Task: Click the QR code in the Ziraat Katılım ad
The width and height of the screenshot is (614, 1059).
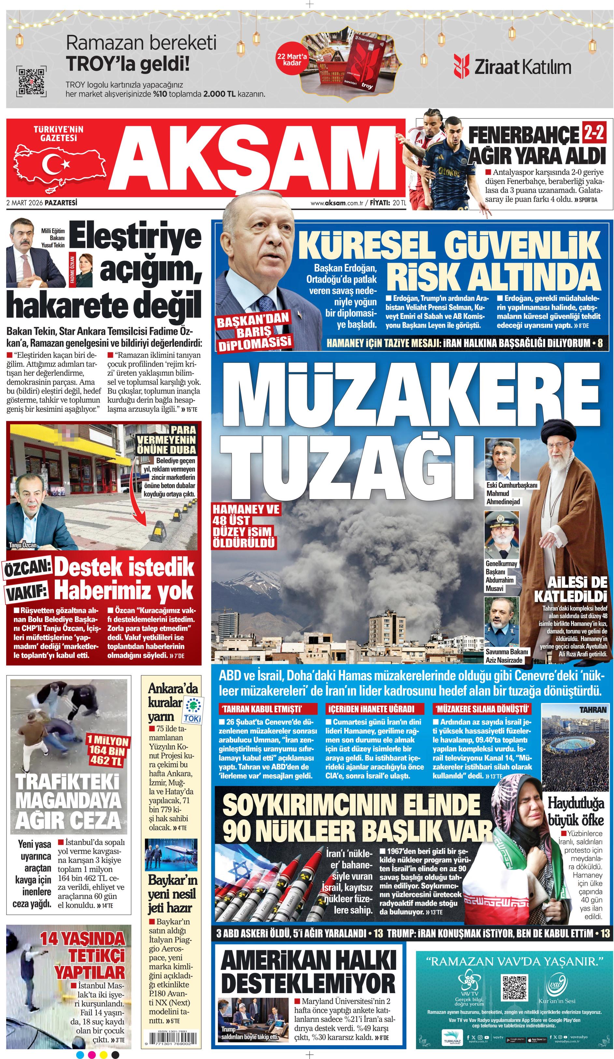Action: point(31,81)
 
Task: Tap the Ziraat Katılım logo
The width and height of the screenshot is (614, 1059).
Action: point(512,67)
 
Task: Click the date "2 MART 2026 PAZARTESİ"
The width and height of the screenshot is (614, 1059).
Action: point(42,202)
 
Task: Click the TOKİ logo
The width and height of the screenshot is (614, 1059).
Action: point(193,709)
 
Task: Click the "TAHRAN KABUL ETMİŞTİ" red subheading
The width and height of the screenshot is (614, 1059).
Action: point(263,709)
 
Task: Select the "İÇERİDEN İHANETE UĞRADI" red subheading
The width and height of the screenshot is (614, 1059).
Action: point(370,709)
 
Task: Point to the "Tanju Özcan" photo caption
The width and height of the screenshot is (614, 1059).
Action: point(23,545)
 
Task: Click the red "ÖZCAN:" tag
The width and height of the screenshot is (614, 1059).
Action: point(28,569)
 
